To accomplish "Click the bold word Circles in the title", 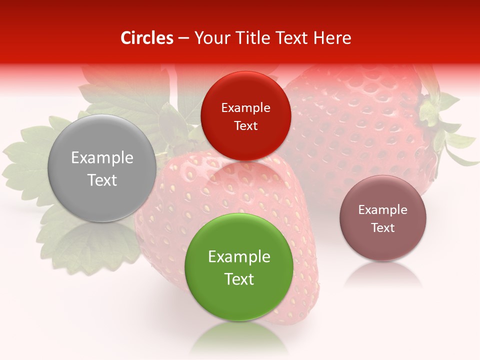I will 146,38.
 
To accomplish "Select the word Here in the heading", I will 333,38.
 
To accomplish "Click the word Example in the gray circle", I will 102,158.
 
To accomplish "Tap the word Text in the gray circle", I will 102,180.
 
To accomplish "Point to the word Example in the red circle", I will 245,108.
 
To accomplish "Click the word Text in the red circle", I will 245,125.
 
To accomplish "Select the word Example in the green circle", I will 239,257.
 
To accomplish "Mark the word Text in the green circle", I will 239,279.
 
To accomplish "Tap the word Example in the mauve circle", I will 383,210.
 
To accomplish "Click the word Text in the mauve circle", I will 383,227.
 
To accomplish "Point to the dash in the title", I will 183,38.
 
